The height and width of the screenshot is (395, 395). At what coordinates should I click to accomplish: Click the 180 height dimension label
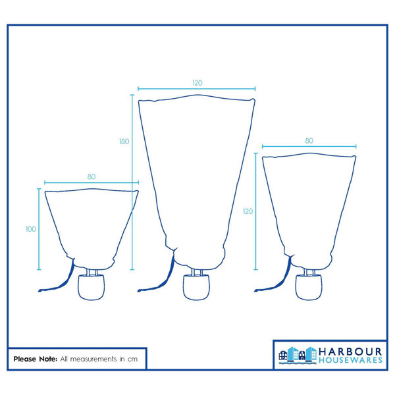(x=124, y=142)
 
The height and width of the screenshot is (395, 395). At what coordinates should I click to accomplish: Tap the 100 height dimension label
(x=31, y=229)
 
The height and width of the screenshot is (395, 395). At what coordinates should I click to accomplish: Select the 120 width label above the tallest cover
(x=197, y=83)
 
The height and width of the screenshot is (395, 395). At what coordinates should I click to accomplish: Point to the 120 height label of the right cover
(x=248, y=211)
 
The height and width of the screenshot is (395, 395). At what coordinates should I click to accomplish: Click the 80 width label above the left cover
(x=92, y=177)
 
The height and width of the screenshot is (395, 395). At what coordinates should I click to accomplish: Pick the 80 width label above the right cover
(x=309, y=141)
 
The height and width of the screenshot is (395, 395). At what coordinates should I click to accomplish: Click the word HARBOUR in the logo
(x=350, y=352)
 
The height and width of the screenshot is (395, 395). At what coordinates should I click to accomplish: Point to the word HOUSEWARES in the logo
(x=350, y=360)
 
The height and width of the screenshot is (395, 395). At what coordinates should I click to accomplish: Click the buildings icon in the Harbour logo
(x=298, y=355)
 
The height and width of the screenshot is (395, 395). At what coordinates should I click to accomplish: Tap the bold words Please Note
(x=36, y=359)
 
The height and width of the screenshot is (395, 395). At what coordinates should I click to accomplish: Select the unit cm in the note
(x=132, y=359)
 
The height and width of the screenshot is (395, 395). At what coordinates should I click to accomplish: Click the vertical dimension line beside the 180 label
(x=132, y=182)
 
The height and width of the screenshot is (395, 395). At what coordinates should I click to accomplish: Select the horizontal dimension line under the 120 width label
(x=196, y=89)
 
